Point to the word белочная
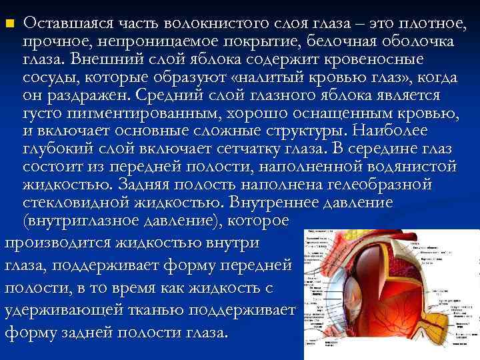coord(351,42)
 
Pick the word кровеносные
coord(411,59)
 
